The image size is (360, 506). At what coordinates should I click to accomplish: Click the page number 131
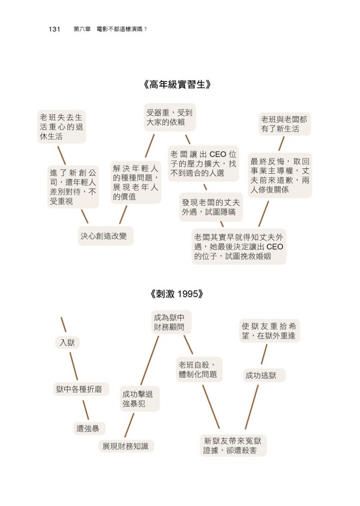(54, 29)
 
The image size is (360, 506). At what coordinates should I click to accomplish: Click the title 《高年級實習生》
(177, 85)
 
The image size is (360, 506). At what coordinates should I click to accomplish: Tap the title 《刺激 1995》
(177, 294)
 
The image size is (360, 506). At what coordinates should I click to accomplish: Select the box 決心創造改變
(105, 236)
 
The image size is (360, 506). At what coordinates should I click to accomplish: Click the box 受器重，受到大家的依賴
(170, 117)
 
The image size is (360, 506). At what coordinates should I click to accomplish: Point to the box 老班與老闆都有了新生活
(284, 124)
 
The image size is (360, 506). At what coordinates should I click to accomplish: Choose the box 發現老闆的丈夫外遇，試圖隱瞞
(211, 207)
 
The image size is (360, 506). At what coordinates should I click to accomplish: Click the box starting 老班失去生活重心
(61, 127)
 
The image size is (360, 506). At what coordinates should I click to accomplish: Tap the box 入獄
(67, 343)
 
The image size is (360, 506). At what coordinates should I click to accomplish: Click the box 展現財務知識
(126, 446)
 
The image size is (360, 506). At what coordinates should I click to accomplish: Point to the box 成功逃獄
(264, 375)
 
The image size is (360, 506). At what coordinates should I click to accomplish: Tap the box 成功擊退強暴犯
(140, 399)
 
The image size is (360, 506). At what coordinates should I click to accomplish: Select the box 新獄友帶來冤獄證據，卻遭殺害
(233, 445)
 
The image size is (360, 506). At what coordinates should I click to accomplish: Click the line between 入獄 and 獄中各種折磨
(74, 366)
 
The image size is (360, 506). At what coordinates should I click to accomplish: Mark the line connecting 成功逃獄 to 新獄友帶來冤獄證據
(252, 407)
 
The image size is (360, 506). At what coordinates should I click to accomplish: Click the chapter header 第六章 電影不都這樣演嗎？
(110, 29)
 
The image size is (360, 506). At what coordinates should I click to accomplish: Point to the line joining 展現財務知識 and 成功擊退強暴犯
(129, 425)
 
